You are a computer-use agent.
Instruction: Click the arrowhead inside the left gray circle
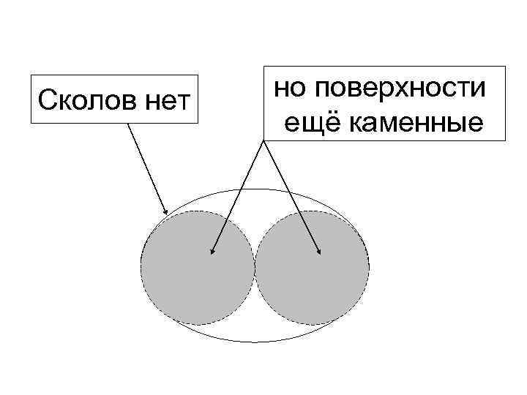tap(213, 252)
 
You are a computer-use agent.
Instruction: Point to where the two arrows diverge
tap(263, 140)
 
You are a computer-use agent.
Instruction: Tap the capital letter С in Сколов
tap(45, 97)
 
